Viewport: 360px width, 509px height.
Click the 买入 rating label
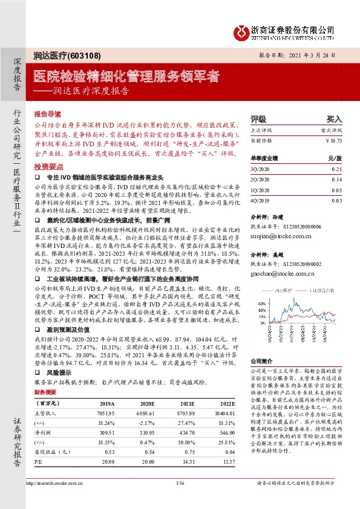pyautogui.click(x=334, y=120)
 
